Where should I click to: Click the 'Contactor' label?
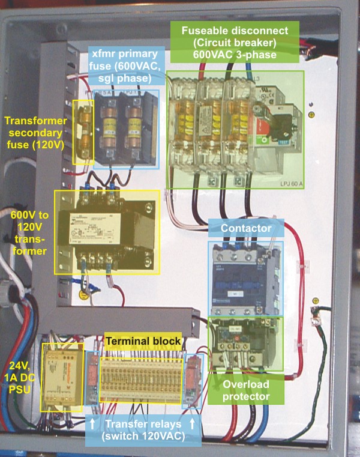tap(245, 228)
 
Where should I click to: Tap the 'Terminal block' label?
tap(143, 341)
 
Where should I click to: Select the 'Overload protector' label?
tap(245, 390)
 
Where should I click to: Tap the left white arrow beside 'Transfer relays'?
tap(92, 424)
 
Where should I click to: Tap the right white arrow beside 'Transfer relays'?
tap(193, 424)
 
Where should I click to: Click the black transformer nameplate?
tap(107, 225)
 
